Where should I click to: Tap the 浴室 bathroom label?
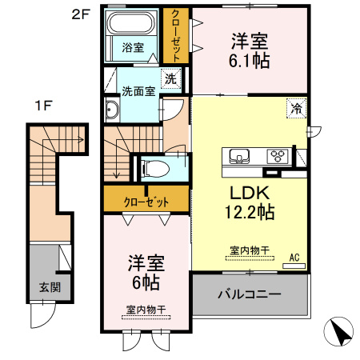point(133,47)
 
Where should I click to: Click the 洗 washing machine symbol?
point(170,78)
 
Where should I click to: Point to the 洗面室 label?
point(138,90)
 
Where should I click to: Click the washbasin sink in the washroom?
point(112,111)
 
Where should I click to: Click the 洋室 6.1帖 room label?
point(249,50)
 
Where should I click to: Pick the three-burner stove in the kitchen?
point(278,155)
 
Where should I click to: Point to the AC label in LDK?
point(294,257)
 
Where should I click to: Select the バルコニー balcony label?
point(250,294)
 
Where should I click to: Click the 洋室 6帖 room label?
point(145,272)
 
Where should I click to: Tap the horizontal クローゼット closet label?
point(146,202)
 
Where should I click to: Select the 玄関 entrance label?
point(43,287)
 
